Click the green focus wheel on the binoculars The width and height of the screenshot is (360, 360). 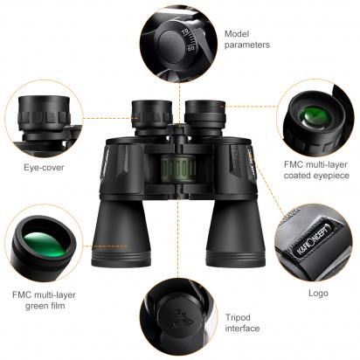tap(178, 169)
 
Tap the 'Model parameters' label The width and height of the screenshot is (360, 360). tap(247, 39)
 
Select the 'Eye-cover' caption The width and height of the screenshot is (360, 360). tap(44, 168)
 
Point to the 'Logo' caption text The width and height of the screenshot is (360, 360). tap(318, 293)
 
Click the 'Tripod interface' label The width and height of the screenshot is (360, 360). tap(242, 322)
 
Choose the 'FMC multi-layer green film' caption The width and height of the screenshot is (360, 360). tap(44, 300)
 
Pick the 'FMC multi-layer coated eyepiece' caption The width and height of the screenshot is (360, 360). tap(316, 170)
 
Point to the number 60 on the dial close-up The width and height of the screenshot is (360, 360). tap(190, 47)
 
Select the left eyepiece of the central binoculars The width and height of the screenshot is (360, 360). tap(152, 114)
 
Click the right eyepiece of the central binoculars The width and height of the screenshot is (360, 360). tap(205, 114)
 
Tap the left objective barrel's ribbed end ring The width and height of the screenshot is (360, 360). tap(121, 257)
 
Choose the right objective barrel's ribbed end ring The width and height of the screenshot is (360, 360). tap(236, 257)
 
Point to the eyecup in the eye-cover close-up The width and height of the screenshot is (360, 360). tap(45, 113)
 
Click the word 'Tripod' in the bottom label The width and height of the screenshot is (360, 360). tap(238, 318)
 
